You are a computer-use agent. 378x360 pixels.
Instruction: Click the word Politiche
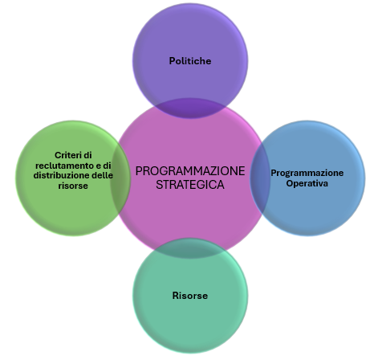pos(190,61)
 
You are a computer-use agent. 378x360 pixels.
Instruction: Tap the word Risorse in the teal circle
pos(190,296)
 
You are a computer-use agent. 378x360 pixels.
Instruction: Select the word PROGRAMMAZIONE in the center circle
pos(190,171)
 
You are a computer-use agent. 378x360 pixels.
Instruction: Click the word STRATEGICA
pos(190,185)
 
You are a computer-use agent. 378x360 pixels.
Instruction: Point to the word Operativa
pos(307,183)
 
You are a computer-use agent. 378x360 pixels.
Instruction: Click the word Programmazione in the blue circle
pos(307,173)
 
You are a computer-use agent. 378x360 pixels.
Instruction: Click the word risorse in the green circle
pos(73,186)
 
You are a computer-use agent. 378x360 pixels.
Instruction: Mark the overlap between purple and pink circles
pos(190,108)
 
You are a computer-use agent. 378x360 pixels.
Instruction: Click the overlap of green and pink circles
pos(121,178)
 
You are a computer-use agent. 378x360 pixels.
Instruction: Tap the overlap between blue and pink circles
pos(260,178)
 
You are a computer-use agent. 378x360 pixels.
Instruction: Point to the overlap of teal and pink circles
pos(190,248)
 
